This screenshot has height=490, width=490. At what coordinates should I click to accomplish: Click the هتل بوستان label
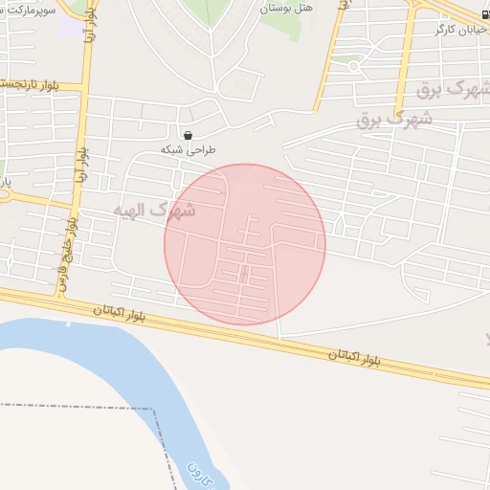(285, 7)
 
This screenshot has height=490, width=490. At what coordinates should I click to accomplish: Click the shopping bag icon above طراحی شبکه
(188, 135)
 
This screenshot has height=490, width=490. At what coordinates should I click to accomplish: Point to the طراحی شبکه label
(189, 150)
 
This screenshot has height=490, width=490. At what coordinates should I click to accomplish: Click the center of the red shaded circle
(245, 244)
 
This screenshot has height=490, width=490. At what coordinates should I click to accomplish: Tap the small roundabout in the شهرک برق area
(353, 67)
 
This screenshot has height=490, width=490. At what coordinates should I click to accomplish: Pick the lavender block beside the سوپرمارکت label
(70, 27)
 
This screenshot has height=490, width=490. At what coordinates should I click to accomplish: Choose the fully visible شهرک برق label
(394, 119)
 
